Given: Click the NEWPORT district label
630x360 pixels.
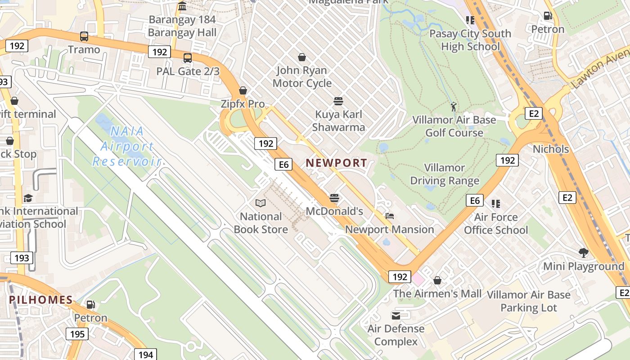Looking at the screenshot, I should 336,163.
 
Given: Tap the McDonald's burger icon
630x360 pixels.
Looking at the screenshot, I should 334,198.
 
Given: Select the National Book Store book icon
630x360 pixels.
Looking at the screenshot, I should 260,203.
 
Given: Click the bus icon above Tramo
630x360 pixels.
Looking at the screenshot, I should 84,36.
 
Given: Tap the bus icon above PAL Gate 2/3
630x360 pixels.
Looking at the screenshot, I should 188,58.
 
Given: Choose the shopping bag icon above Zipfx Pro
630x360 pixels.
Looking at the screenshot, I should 243,90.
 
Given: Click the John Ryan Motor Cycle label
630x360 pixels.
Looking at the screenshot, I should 302,76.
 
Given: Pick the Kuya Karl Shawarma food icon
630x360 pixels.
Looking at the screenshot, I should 338,101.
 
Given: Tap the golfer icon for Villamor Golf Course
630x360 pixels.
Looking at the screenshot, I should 454,107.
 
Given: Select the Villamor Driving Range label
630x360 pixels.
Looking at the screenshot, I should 445,174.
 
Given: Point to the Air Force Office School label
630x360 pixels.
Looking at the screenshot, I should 496,223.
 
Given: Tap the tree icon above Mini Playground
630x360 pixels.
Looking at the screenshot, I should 584,253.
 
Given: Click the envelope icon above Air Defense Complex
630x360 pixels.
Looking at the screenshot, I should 396,315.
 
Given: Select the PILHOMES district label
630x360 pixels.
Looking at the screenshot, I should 41,300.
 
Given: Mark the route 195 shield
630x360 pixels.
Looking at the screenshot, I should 77,334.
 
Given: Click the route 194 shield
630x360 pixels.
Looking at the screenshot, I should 145,355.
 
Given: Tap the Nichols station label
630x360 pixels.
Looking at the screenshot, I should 551,149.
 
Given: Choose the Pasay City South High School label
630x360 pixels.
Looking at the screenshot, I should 470,40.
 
